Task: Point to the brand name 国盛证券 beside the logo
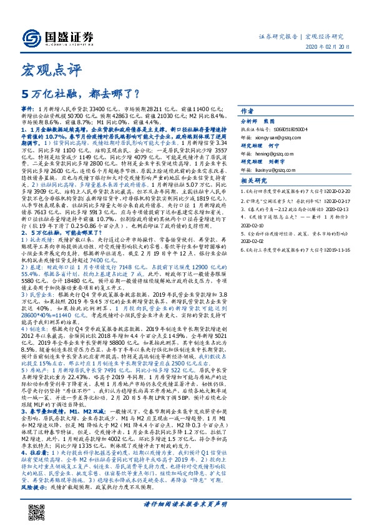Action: click(70, 36)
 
